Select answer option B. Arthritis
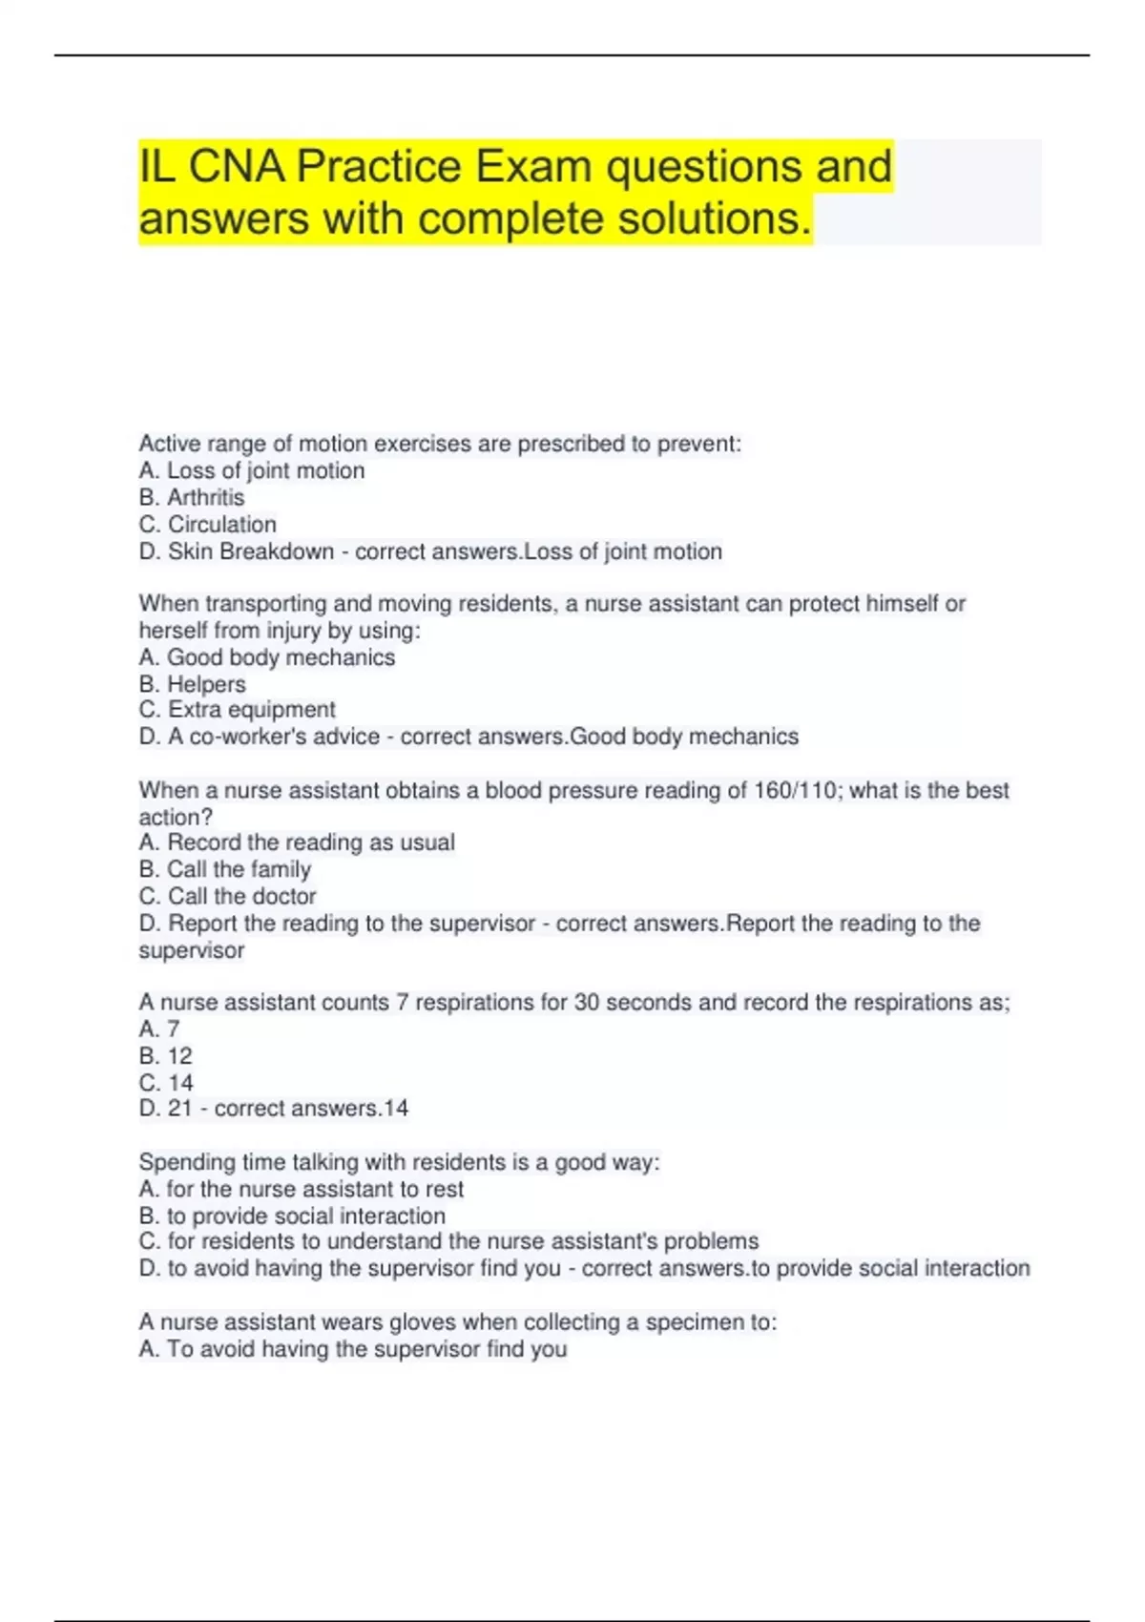192,497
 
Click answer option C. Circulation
208,524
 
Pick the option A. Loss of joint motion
252,470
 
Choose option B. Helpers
193,684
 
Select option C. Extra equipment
238,710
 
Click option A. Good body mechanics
267,657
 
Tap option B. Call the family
225,869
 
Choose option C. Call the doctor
228,896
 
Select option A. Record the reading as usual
297,842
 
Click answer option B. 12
166,1056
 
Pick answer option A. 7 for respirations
159,1029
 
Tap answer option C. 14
167,1083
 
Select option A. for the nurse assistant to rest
302,1189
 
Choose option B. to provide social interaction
293,1216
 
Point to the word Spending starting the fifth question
180,1162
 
